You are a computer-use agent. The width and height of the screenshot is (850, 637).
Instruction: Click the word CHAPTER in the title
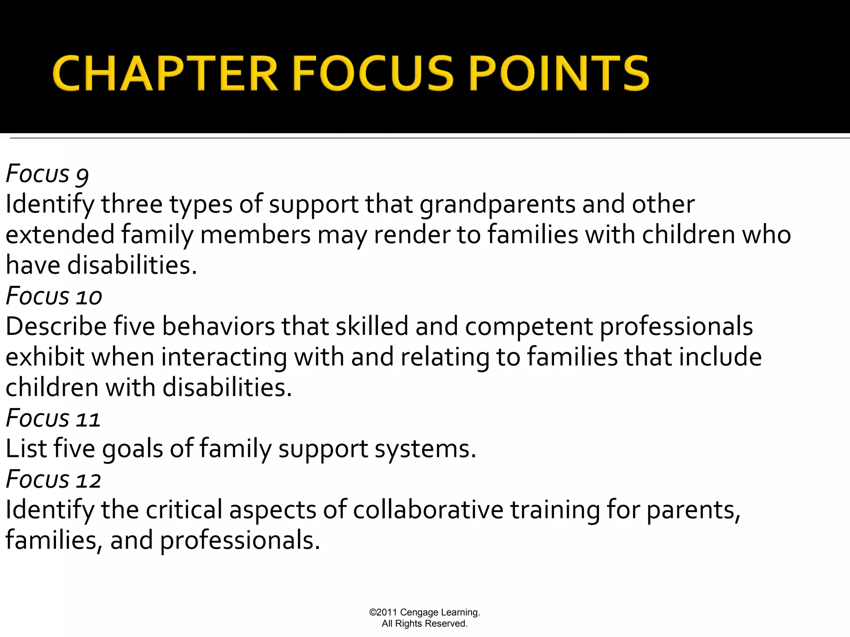165,74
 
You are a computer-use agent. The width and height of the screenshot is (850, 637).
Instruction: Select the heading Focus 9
47,174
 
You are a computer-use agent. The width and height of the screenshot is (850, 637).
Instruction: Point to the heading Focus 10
54,296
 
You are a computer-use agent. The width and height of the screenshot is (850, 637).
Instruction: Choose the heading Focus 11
53,418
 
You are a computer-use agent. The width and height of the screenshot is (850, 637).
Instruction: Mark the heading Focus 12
54,479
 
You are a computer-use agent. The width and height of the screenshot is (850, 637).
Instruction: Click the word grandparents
498,204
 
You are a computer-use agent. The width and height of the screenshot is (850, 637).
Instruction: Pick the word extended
60,235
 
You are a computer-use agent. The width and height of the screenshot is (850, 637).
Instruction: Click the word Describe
56,326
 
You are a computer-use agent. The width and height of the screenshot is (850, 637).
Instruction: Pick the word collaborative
428,510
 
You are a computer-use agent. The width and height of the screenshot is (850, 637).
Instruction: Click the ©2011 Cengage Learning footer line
425,612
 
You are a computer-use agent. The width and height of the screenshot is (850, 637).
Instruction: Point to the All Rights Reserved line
425,623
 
